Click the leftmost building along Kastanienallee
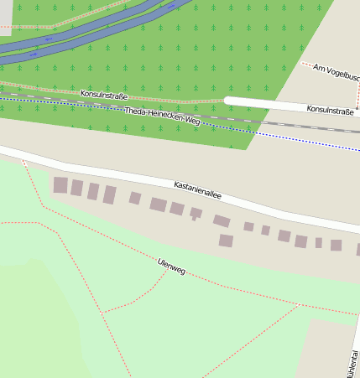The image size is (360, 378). (60, 185)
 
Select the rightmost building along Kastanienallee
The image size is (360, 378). (336, 246)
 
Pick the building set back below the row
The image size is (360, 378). (226, 241)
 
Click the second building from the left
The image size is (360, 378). (76, 188)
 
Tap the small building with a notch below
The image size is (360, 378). (196, 214)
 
